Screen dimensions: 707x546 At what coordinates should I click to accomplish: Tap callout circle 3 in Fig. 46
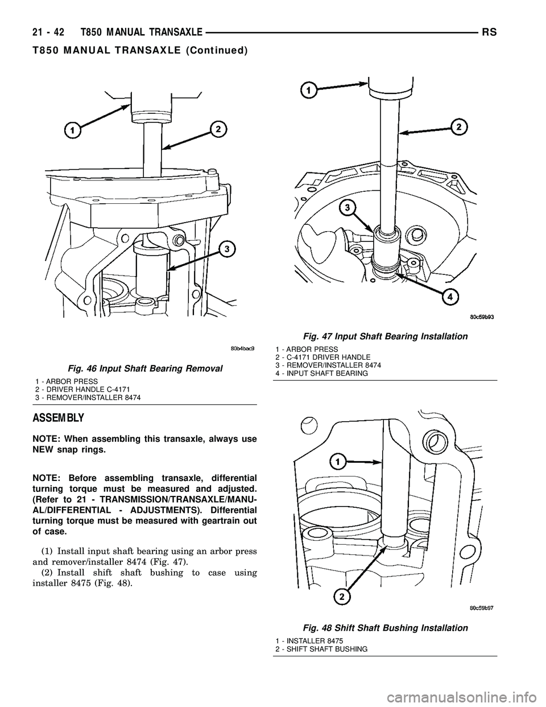pos(226,249)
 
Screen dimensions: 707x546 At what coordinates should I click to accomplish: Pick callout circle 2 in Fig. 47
pos(456,126)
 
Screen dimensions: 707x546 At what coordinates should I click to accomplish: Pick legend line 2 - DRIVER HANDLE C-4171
pos(82,389)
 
